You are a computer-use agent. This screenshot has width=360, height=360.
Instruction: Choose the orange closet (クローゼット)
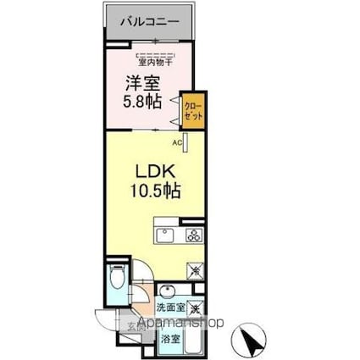194,111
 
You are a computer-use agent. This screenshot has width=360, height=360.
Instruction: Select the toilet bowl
119,279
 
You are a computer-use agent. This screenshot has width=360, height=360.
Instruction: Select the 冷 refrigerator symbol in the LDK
195,272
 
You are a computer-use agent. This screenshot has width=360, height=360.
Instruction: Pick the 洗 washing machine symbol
195,309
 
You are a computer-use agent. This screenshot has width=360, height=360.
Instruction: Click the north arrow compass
251,339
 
